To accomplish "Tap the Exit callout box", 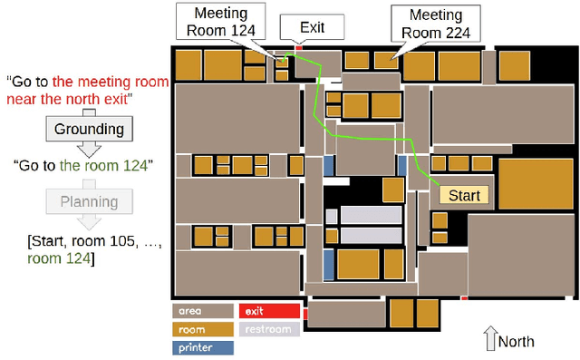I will (x=312, y=27).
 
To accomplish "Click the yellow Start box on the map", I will (x=464, y=195).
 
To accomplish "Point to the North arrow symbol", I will (x=490, y=340).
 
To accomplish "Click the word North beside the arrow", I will (x=517, y=342).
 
